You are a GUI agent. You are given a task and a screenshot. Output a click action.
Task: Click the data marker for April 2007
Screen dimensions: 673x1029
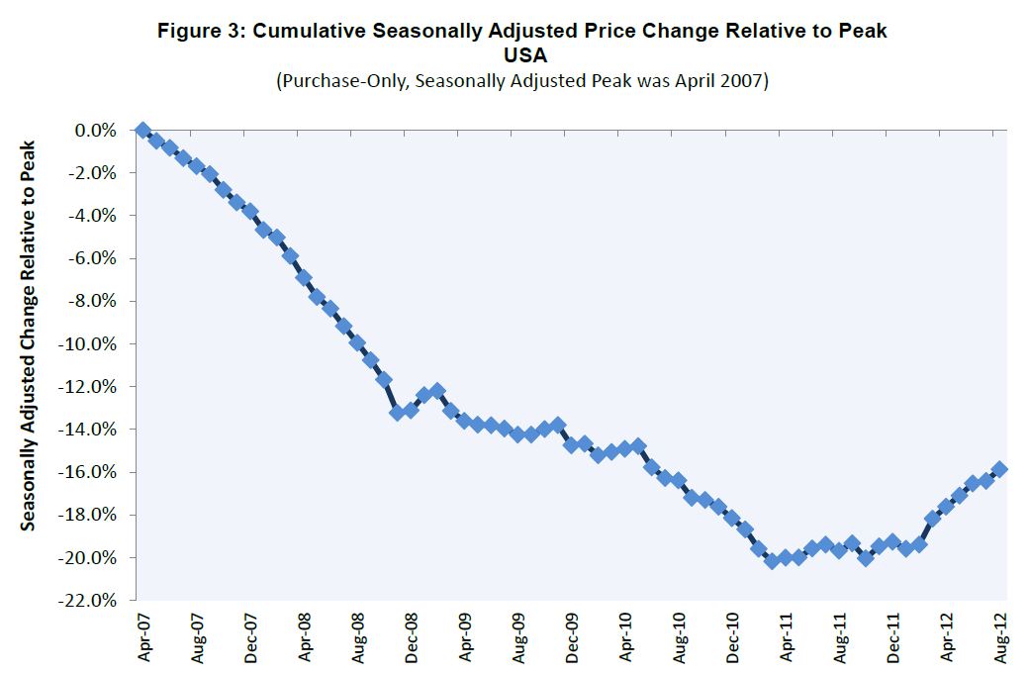pyautogui.click(x=143, y=131)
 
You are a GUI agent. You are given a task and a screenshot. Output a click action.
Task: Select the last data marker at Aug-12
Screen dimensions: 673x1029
pyautogui.click(x=999, y=469)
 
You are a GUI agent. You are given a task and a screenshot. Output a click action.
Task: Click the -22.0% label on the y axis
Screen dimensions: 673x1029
pyautogui.click(x=92, y=601)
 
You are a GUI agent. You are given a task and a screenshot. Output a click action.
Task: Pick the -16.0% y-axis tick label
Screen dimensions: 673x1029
pyautogui.click(x=92, y=472)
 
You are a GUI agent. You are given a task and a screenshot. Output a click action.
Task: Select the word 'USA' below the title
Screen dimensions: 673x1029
pyautogui.click(x=521, y=56)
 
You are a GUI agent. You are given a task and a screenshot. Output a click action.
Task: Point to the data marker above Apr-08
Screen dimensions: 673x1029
pyautogui.click(x=304, y=277)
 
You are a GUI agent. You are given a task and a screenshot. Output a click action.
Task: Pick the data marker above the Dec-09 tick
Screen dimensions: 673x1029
pyautogui.click(x=571, y=444)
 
